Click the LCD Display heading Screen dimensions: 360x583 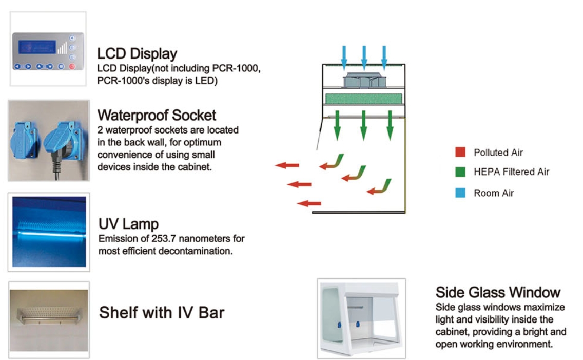(x=137, y=53)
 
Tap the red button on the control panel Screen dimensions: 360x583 (x=72, y=66)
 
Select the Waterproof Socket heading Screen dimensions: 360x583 (x=157, y=115)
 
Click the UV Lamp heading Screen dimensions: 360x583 (x=128, y=224)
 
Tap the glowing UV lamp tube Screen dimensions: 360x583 (x=49, y=233)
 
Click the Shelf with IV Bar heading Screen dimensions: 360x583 (x=162, y=312)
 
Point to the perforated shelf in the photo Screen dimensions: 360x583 (x=48, y=311)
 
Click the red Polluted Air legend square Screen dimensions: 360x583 (x=460, y=153)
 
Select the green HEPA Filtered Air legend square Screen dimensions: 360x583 (x=460, y=172)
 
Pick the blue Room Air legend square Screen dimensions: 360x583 (x=460, y=193)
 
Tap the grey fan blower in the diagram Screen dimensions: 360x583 (x=363, y=80)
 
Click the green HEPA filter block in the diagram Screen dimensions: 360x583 (x=363, y=98)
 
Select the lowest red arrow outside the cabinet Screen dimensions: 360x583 (x=309, y=203)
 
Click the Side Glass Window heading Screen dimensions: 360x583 (x=498, y=292)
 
